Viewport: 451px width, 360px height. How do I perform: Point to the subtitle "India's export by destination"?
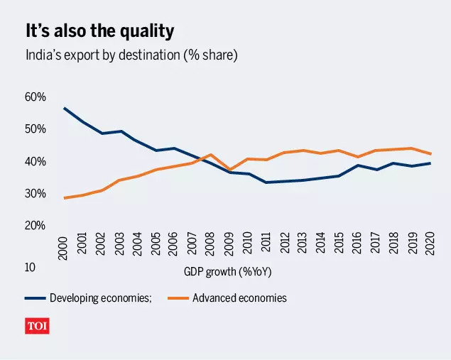(x=131, y=55)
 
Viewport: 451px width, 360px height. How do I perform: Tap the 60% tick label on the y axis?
(x=36, y=97)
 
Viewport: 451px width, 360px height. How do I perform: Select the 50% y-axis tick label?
(x=36, y=129)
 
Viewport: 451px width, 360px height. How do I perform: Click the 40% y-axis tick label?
(x=36, y=162)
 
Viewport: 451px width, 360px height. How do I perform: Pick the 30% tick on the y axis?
(x=36, y=194)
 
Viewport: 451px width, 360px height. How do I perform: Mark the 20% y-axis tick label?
(x=36, y=226)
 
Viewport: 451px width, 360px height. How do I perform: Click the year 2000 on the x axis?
(x=63, y=245)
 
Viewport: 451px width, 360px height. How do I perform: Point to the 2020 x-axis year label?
(x=429, y=245)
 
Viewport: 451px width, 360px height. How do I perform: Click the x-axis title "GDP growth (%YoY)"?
(x=228, y=272)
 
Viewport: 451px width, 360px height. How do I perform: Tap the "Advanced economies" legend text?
(x=239, y=298)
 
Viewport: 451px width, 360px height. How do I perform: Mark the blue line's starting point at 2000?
(x=64, y=108)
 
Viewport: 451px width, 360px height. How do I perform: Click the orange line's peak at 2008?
(x=210, y=155)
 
